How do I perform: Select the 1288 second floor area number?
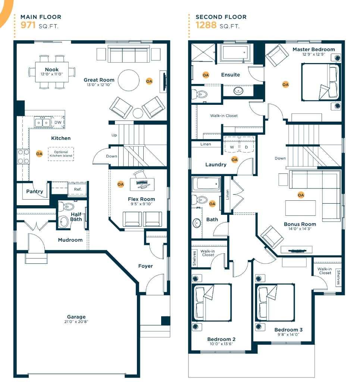tap(206, 26)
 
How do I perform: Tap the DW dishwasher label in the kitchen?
tap(58, 122)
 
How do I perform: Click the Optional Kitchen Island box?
tap(61, 154)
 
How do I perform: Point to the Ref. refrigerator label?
tap(78, 190)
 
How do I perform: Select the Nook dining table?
tap(52, 72)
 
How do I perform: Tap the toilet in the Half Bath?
tap(67, 206)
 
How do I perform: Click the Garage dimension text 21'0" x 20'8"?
tap(76, 322)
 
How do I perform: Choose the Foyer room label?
tap(145, 266)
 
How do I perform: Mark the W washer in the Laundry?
tap(232, 147)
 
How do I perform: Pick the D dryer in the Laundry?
tap(246, 147)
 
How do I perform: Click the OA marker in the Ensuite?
tap(206, 75)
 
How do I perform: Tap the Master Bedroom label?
tap(313, 49)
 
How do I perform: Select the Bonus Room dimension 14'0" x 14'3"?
tap(300, 229)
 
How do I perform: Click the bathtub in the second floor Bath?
tap(206, 184)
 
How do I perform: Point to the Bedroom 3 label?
tap(288, 330)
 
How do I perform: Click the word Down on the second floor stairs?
tap(280, 158)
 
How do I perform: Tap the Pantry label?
tap(35, 191)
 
